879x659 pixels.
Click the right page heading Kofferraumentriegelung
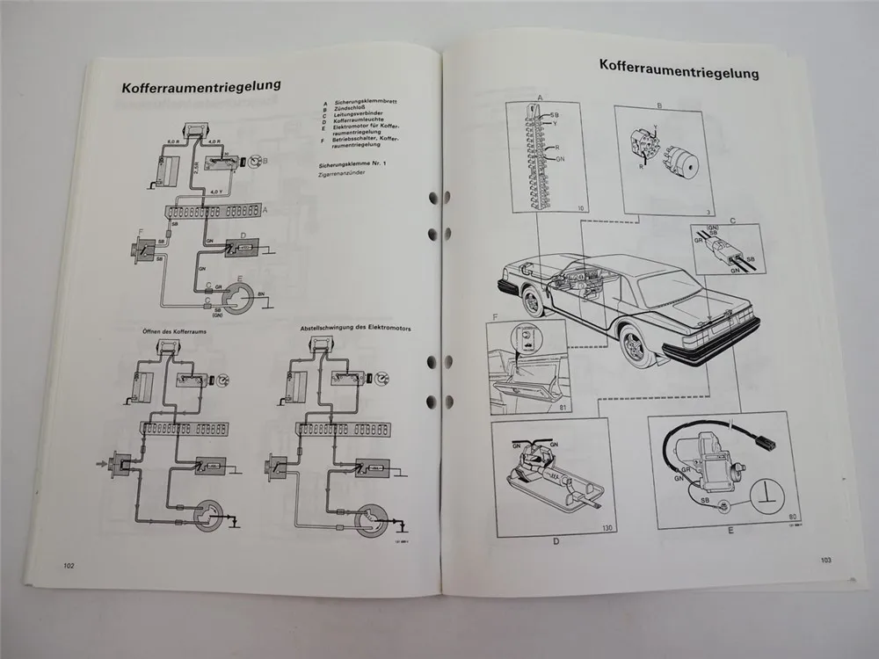(679, 64)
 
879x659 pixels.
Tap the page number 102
(68, 565)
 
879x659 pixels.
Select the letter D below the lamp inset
(556, 542)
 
